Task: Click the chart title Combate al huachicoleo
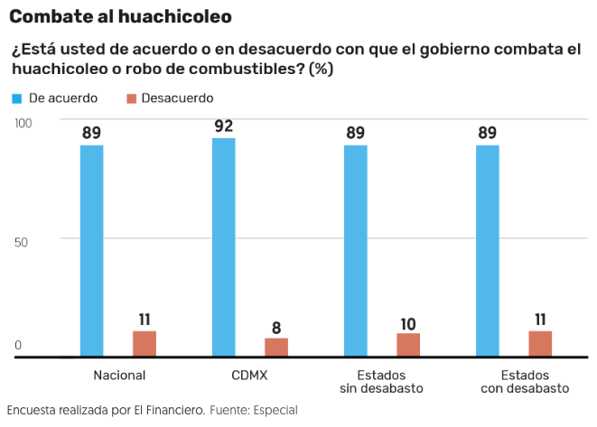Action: [121, 16]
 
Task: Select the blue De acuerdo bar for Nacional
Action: [91, 251]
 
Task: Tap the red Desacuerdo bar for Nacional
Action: [145, 344]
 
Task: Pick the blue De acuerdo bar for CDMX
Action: [223, 247]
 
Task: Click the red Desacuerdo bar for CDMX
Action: [276, 348]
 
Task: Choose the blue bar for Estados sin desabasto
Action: [355, 251]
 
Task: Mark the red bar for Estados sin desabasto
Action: [408, 345]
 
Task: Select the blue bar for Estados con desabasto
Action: [488, 251]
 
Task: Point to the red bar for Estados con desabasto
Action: [540, 344]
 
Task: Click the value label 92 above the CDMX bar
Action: [223, 125]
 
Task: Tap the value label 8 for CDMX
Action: [276, 327]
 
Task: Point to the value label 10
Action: [408, 322]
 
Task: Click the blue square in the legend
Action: [18, 97]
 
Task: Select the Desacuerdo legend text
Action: [178, 97]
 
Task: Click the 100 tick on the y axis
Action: [23, 122]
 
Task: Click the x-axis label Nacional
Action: [119, 374]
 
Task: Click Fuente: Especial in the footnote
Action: [253, 410]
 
